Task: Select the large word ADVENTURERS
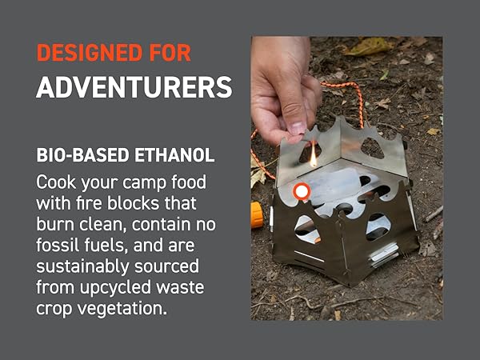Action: (x=134, y=87)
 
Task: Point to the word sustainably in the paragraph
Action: (x=82, y=266)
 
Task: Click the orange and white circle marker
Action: (x=302, y=191)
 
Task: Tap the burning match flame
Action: (x=314, y=158)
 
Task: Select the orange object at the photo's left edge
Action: (x=256, y=214)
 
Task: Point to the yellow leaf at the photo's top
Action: (x=366, y=46)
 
